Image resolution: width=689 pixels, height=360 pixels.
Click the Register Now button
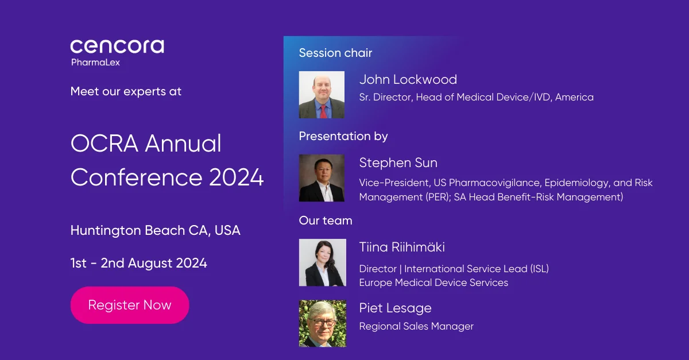[130, 305]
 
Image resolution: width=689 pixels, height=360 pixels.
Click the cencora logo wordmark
[117, 47]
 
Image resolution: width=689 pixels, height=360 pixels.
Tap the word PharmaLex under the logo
[95, 63]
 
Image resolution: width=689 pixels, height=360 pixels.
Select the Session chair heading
[335, 53]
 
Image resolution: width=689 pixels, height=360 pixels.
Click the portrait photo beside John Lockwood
[322, 95]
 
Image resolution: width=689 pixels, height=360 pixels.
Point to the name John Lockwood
[408, 79]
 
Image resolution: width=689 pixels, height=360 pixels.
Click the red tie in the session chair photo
[323, 112]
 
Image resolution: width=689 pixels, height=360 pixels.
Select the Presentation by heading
[343, 136]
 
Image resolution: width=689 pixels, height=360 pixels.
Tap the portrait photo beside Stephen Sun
[322, 178]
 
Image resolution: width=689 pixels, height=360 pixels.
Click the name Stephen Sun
[398, 162]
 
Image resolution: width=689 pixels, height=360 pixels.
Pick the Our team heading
[326, 220]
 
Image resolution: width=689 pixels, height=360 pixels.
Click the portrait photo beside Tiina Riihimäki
[323, 262]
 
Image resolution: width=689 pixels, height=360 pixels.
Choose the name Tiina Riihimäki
[402, 247]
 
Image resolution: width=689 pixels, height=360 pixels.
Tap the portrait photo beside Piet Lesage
[323, 323]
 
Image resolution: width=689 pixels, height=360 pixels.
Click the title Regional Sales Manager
[416, 326]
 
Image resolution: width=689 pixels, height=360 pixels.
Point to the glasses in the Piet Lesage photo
[322, 323]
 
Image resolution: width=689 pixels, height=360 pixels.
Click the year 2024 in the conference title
[236, 177]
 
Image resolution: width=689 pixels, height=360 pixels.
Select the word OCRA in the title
[104, 144]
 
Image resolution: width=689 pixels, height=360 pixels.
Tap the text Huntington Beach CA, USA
[156, 230]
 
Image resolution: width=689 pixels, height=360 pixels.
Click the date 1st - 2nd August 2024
[139, 263]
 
